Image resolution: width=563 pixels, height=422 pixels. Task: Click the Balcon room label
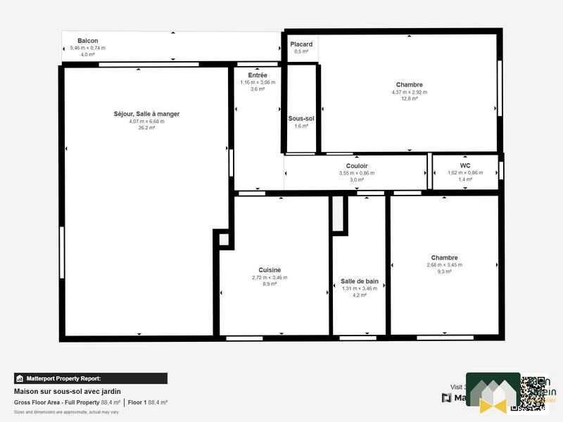(87, 41)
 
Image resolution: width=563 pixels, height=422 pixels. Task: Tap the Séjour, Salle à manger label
(146, 114)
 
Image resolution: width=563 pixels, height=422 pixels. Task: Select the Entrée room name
(258, 75)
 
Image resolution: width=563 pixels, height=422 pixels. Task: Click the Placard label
(301, 44)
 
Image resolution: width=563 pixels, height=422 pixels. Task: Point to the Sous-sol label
(301, 118)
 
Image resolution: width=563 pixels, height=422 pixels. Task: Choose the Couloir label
(357, 166)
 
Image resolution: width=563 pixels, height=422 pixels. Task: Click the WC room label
(465, 165)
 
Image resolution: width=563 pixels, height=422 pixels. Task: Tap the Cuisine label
(270, 270)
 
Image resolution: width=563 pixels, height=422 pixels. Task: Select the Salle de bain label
(360, 281)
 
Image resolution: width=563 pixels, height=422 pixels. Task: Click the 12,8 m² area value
(409, 99)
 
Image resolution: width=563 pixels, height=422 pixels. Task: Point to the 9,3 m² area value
(444, 271)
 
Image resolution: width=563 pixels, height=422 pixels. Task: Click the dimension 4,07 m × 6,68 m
(146, 122)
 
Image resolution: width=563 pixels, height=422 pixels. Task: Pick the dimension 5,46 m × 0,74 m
(87, 48)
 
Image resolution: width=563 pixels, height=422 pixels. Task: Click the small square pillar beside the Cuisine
(223, 239)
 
